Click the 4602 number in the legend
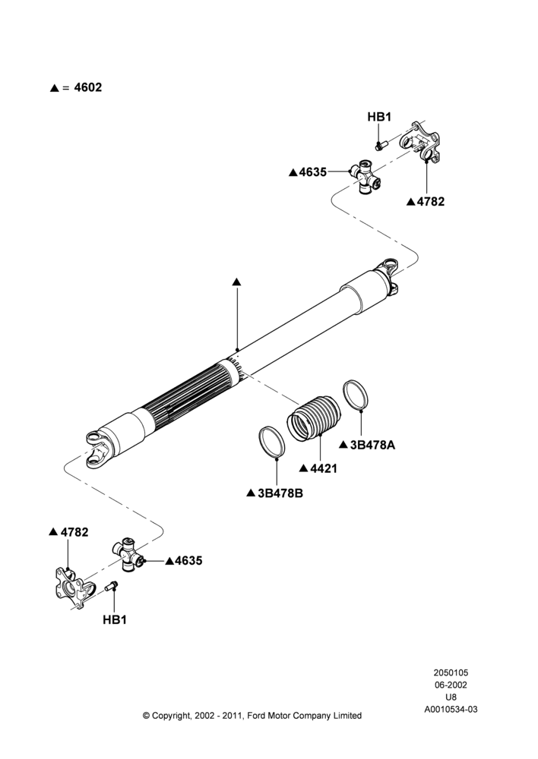click(x=87, y=87)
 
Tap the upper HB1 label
click(x=379, y=117)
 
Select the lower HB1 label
click(x=115, y=619)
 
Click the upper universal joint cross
click(x=366, y=177)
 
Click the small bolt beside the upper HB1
click(x=379, y=145)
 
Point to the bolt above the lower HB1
click(x=112, y=585)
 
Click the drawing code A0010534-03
click(x=451, y=710)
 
